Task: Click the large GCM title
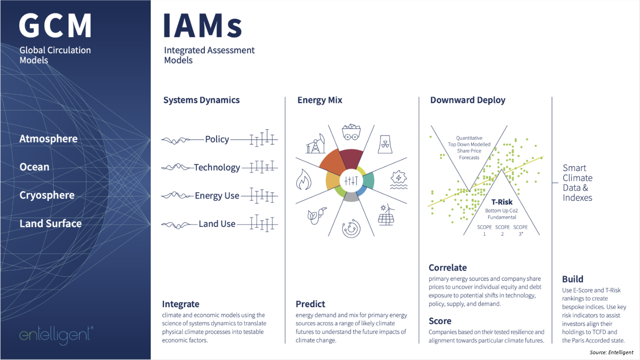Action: click(55, 25)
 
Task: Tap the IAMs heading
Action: click(203, 25)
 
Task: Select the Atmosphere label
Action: click(48, 139)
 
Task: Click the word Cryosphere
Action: click(47, 195)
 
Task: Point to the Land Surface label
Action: click(51, 224)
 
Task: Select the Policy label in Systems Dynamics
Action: click(217, 140)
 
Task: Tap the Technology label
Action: click(217, 167)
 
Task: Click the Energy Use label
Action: click(217, 196)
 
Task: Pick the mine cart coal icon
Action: click(351, 132)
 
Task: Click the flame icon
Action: click(303, 179)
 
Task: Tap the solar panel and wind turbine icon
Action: click(386, 215)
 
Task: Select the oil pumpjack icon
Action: click(316, 144)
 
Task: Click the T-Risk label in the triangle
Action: click(502, 202)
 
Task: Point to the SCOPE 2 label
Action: click(502, 230)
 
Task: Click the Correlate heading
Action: click(448, 268)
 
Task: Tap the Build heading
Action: click(572, 279)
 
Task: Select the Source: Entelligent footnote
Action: click(611, 352)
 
